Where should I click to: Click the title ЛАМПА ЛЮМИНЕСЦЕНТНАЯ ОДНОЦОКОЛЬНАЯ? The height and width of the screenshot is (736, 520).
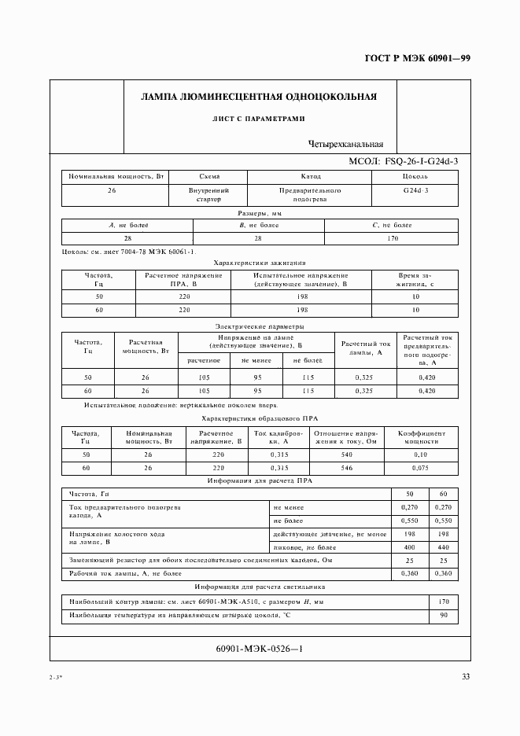click(x=259, y=98)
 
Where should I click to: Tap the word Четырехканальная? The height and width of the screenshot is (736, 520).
click(x=346, y=144)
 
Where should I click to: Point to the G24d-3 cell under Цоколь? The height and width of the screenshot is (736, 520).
click(x=415, y=190)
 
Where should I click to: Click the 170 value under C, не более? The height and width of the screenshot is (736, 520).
click(x=393, y=238)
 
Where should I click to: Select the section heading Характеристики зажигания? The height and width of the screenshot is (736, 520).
click(x=260, y=262)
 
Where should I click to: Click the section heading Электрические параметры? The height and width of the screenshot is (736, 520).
click(x=260, y=326)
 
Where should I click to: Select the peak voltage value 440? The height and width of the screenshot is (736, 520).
click(x=442, y=546)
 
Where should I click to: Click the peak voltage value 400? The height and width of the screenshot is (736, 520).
click(x=409, y=546)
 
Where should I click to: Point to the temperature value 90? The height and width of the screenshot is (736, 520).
click(x=442, y=615)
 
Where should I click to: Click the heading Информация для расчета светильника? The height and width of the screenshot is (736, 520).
click(x=260, y=587)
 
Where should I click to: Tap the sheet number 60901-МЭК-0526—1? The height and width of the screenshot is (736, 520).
click(x=259, y=650)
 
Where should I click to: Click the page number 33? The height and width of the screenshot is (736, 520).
click(x=466, y=679)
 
